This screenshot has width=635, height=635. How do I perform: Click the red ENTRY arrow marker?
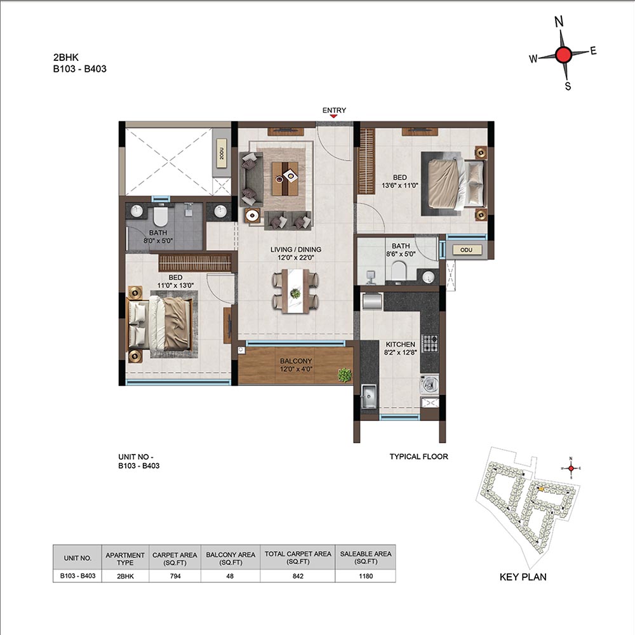[x=333, y=116]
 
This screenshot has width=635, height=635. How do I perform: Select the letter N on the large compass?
[x=559, y=21]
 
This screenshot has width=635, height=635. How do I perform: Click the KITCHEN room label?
[x=400, y=344]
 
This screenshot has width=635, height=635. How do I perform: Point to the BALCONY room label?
[x=296, y=361]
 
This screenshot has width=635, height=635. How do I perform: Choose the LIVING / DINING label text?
[x=296, y=250]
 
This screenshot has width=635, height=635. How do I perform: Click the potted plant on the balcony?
[x=345, y=375]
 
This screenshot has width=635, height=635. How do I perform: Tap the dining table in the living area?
[x=296, y=291]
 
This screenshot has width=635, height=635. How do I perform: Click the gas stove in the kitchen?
[x=430, y=343]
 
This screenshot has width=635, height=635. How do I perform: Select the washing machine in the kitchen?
[x=429, y=384]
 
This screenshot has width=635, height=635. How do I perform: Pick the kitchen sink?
[x=368, y=396]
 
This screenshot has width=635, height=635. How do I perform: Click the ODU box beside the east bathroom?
[x=466, y=250]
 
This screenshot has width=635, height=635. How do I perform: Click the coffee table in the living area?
[x=284, y=178]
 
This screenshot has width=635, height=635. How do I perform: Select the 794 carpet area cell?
[x=175, y=576]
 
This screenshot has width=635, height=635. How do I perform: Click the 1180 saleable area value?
[x=366, y=576]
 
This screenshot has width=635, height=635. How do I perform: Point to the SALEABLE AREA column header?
[x=366, y=558]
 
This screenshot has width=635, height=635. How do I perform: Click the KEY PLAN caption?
[x=523, y=577]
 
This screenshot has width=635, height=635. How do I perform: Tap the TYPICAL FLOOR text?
[x=418, y=457]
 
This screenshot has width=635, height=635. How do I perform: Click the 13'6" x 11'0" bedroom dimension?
[x=399, y=185]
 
